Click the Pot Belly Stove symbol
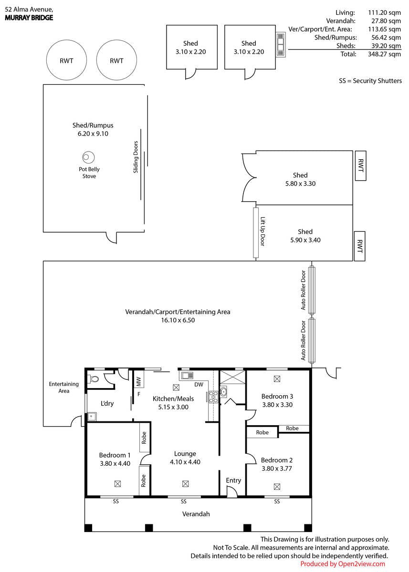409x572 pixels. point(88,157)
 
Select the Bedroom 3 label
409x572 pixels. point(277,396)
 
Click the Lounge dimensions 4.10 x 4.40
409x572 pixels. point(185,462)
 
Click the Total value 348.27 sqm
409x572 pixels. point(384,54)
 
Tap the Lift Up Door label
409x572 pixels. point(262,231)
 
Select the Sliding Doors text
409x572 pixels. point(136,157)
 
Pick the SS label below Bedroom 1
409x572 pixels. point(116,501)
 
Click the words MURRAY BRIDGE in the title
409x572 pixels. point(29,18)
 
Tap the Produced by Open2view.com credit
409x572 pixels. point(343,564)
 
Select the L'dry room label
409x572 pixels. point(107,403)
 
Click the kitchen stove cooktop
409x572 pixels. point(213,397)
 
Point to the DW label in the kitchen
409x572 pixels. point(199,385)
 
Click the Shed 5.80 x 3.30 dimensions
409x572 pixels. point(300,184)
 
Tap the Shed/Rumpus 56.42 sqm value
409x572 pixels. point(386,38)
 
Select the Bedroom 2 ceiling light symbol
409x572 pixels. point(277,487)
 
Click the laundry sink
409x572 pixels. point(91,417)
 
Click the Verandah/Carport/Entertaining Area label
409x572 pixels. point(178,312)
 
